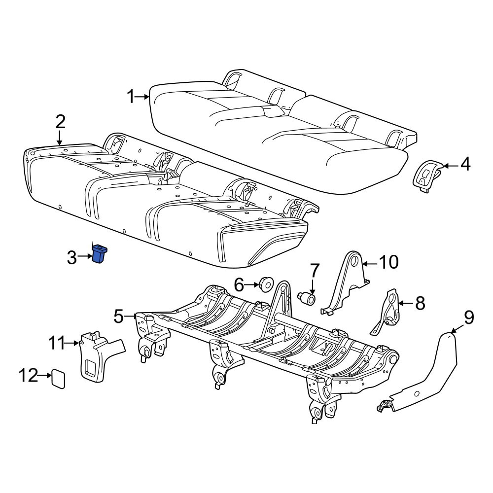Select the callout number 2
click(x=60, y=122)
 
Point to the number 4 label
click(x=465, y=165)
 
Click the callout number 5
click(x=119, y=316)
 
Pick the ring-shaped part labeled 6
click(x=267, y=284)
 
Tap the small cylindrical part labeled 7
click(x=307, y=298)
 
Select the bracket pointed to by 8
click(x=387, y=313)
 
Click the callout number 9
click(x=469, y=317)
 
